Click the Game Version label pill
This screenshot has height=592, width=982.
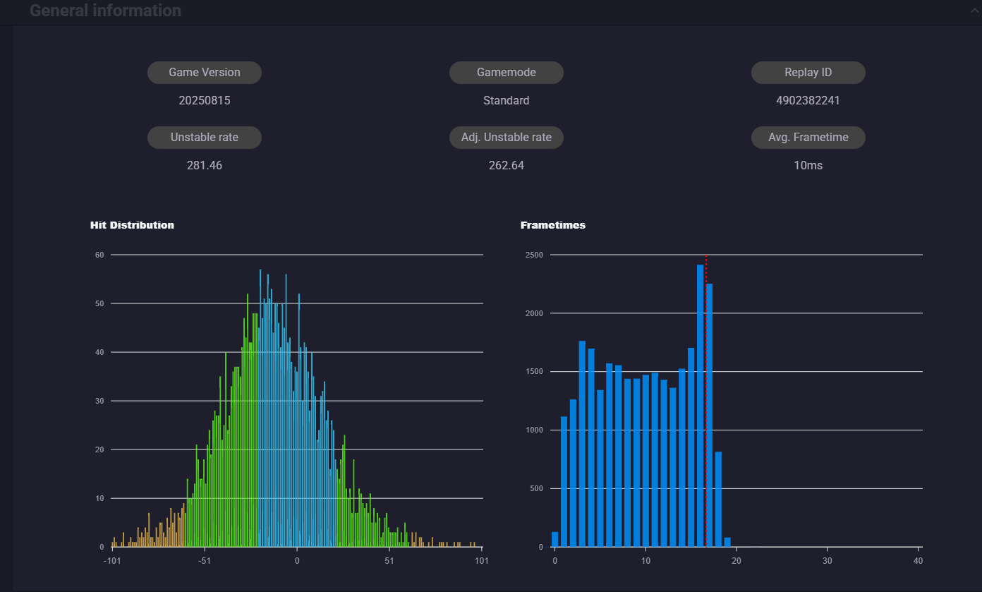[205, 73]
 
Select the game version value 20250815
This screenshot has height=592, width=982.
[205, 100]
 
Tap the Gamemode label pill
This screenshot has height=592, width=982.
[507, 73]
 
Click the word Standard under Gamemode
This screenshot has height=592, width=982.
[507, 100]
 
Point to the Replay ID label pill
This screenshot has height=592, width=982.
[808, 73]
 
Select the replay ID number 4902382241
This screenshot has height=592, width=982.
[808, 100]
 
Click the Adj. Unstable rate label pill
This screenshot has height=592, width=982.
[507, 138]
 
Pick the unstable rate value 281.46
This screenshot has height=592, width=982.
[205, 165]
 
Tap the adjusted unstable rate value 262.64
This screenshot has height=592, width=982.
[507, 165]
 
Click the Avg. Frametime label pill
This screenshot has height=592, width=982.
[808, 138]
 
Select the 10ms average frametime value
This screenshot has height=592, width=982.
[808, 165]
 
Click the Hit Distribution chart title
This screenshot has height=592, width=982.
[132, 225]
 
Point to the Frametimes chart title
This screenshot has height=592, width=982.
[553, 225]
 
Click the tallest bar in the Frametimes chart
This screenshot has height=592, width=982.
[700, 406]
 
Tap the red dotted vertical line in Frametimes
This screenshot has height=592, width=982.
[706, 400]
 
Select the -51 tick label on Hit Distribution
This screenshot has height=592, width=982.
[205, 561]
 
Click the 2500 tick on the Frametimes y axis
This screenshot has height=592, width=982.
[534, 255]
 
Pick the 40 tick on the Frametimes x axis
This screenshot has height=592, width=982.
[918, 561]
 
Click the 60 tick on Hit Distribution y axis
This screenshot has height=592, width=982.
[99, 255]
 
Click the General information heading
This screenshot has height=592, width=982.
[105, 10]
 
